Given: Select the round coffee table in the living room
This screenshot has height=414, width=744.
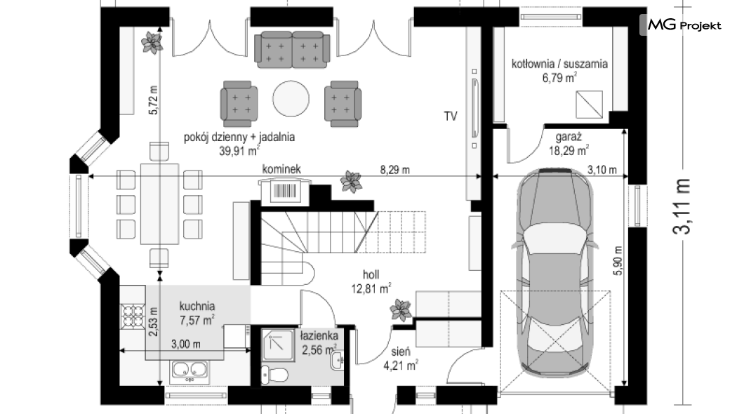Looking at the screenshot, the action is click(291, 100).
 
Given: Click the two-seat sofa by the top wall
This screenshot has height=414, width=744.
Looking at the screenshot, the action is click(292, 49).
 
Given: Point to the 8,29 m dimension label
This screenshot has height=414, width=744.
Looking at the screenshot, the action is click(394, 170).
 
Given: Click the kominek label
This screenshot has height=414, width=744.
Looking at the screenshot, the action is click(281, 169).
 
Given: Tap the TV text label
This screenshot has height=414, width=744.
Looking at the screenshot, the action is click(451, 116).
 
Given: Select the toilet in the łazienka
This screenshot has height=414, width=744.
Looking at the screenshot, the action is click(274, 375).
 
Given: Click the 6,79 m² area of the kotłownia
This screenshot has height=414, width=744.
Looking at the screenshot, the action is click(559, 77).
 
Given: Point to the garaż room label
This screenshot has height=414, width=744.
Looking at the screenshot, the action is click(569, 137).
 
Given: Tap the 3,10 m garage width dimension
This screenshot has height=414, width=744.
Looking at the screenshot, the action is click(602, 169).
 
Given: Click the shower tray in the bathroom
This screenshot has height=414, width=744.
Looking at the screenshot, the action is click(278, 345).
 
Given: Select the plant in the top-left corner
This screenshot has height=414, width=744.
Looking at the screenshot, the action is click(152, 43).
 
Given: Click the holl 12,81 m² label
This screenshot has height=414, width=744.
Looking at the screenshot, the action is click(371, 281).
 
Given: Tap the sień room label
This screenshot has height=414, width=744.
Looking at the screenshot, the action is click(401, 352).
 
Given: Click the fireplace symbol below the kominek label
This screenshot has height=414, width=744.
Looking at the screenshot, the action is click(285, 191).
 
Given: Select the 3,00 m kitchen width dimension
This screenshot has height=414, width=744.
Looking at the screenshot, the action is click(185, 344).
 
